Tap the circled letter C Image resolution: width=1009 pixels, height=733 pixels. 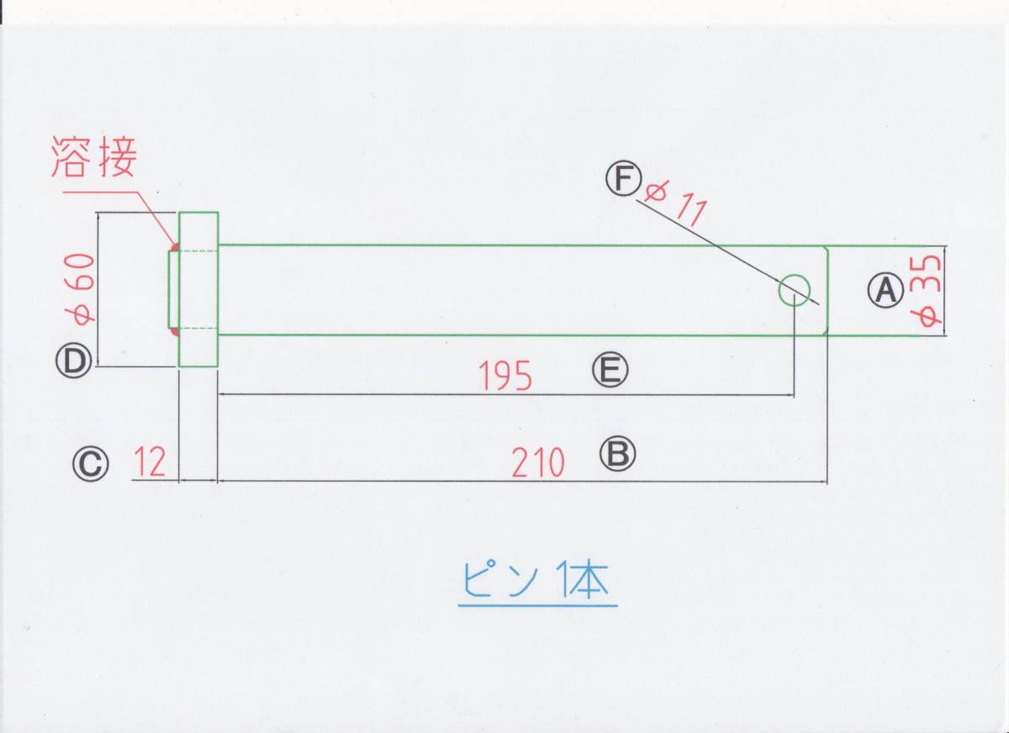[x=90, y=462]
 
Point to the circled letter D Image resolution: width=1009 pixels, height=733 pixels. [x=73, y=361]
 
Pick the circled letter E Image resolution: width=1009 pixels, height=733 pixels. [x=610, y=369]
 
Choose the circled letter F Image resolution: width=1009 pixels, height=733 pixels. [x=623, y=179]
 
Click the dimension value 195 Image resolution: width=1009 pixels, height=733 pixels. [x=506, y=377]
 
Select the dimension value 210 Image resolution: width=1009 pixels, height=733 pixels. [x=537, y=462]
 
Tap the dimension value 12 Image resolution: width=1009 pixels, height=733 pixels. [x=150, y=462]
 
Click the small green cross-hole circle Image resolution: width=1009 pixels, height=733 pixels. [x=794, y=290]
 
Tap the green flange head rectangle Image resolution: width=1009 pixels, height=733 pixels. [x=199, y=289]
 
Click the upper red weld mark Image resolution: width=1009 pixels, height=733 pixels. [x=174, y=248]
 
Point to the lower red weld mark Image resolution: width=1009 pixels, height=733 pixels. [x=174, y=332]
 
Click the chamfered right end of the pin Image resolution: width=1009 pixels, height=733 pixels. [x=826, y=290]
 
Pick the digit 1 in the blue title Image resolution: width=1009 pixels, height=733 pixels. [x=561, y=580]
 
